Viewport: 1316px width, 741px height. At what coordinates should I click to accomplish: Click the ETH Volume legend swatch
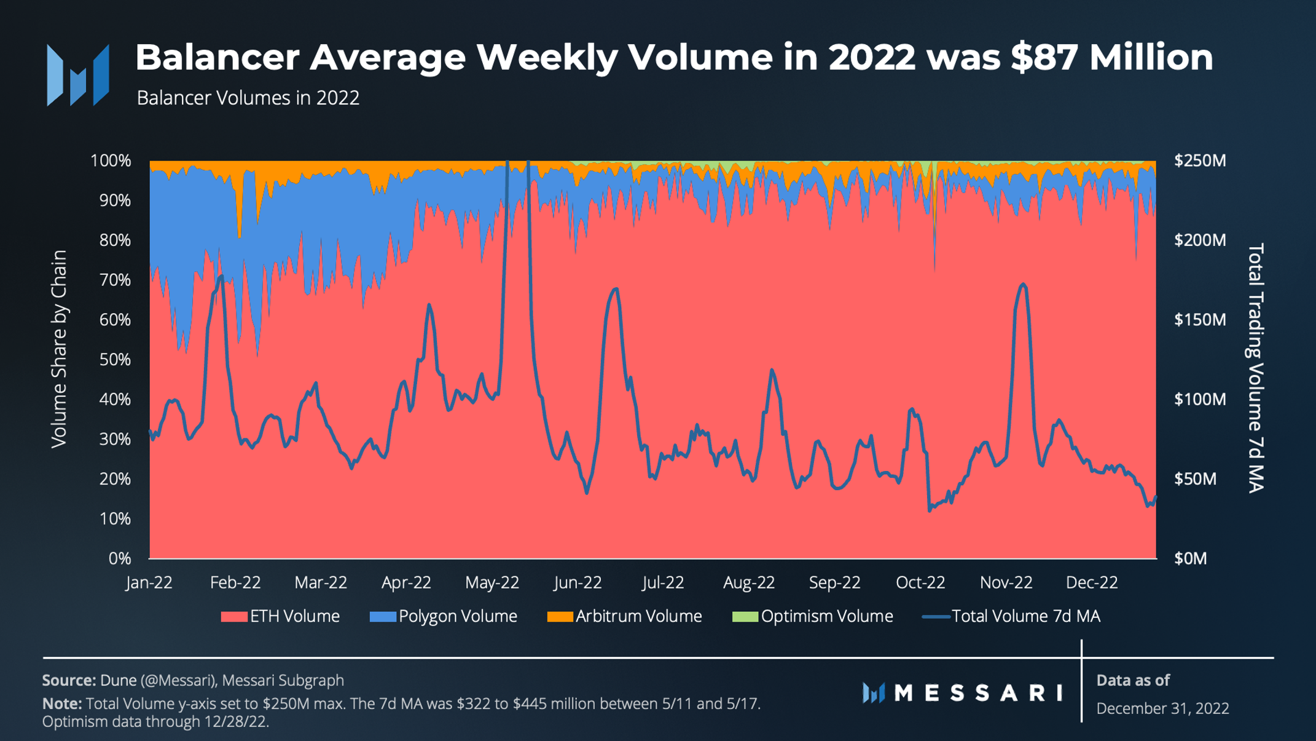[x=234, y=616]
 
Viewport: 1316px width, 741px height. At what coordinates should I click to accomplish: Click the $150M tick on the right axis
[x=1199, y=320]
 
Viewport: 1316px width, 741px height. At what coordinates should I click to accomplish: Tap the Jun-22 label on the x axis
[x=578, y=582]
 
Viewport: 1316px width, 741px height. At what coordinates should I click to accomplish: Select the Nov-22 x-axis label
[x=1006, y=582]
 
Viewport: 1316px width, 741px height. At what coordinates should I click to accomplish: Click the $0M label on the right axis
[x=1191, y=558]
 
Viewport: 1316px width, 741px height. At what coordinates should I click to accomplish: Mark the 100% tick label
[x=111, y=161]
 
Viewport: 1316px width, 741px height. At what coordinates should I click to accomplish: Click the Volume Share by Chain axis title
[x=59, y=349]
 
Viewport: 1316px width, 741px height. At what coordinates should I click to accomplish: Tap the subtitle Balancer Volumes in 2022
[x=248, y=98]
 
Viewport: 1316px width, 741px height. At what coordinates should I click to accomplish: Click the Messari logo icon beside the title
[x=78, y=75]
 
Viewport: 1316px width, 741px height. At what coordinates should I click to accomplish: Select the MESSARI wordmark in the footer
[x=978, y=693]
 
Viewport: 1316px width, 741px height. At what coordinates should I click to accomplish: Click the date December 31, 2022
[x=1162, y=708]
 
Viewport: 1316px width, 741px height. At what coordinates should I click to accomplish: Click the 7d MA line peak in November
[x=1022, y=284]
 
